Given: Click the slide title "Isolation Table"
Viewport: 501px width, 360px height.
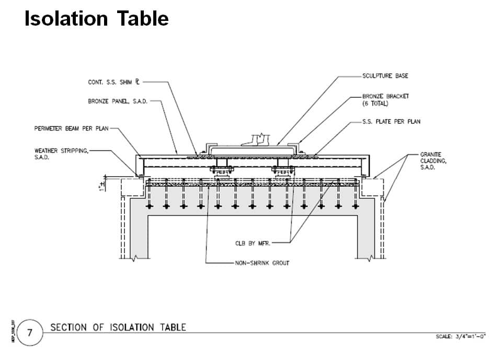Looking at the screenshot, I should (x=97, y=18).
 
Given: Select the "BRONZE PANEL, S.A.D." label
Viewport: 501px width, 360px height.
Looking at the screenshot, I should (x=118, y=101).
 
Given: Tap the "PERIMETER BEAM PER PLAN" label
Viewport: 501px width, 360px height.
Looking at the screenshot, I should (x=70, y=129).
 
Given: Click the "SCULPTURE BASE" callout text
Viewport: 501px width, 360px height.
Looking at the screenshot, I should (x=385, y=76).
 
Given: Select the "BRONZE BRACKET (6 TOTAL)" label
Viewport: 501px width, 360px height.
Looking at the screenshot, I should (x=385, y=100).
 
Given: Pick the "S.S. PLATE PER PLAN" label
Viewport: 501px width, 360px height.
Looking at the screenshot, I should (x=391, y=122).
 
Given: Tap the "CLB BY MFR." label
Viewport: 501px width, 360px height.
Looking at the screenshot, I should (x=252, y=243).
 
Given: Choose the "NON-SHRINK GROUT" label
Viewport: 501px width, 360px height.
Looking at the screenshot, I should (x=263, y=263).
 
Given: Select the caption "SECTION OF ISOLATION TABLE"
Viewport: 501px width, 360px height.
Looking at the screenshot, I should (x=118, y=328).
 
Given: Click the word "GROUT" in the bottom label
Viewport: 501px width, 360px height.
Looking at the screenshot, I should (x=280, y=263).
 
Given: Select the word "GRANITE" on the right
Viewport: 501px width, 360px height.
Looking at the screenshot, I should (x=431, y=155).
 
